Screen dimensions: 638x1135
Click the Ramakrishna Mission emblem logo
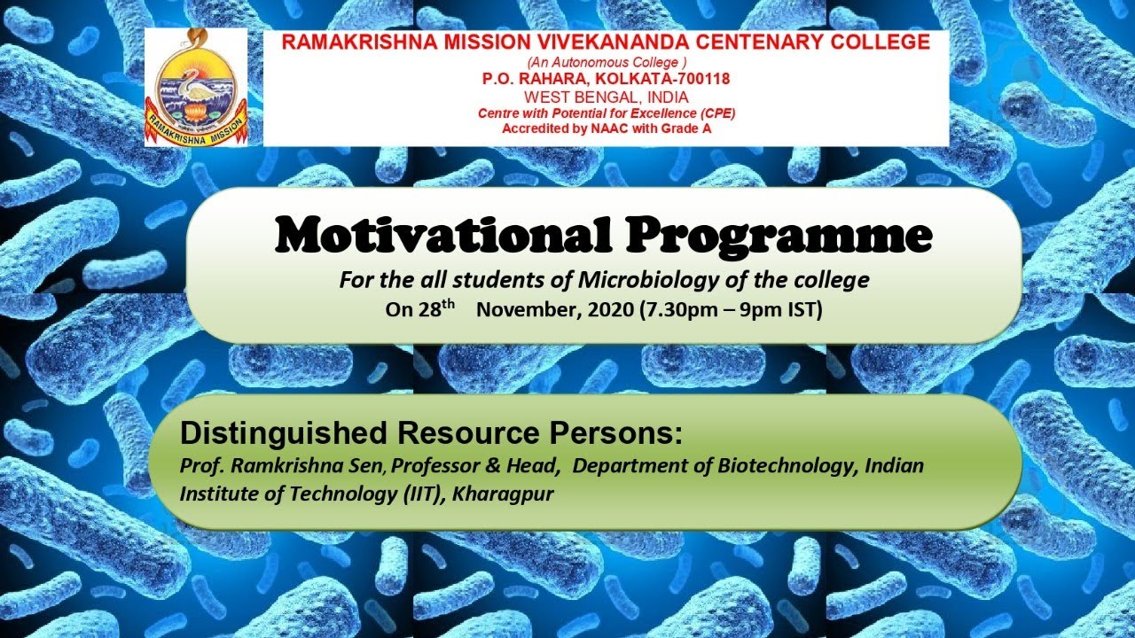click(x=196, y=87)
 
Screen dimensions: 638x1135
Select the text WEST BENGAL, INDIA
click(x=606, y=97)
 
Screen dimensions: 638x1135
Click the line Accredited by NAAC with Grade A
click(x=607, y=128)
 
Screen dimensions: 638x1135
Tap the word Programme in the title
click(x=779, y=236)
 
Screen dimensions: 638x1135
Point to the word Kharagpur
click(x=503, y=494)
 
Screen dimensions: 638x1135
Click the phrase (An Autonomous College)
click(x=607, y=62)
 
